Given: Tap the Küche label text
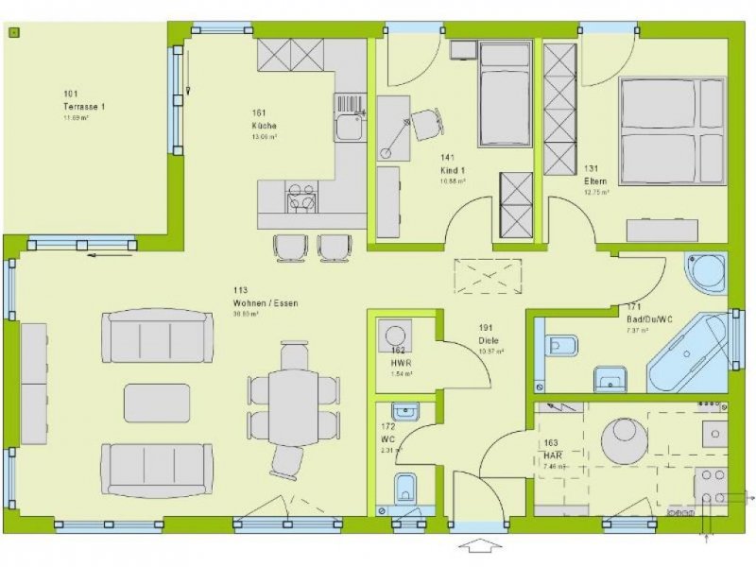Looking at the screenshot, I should (264, 125).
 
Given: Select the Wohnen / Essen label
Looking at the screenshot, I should (266, 303).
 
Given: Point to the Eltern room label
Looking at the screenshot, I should (595, 180).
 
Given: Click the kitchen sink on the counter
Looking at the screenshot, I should (347, 127).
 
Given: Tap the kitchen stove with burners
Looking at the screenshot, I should (301, 198).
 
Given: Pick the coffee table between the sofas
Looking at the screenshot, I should (157, 403).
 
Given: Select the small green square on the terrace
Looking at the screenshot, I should (14, 31).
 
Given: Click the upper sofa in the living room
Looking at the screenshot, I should (156, 335).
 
